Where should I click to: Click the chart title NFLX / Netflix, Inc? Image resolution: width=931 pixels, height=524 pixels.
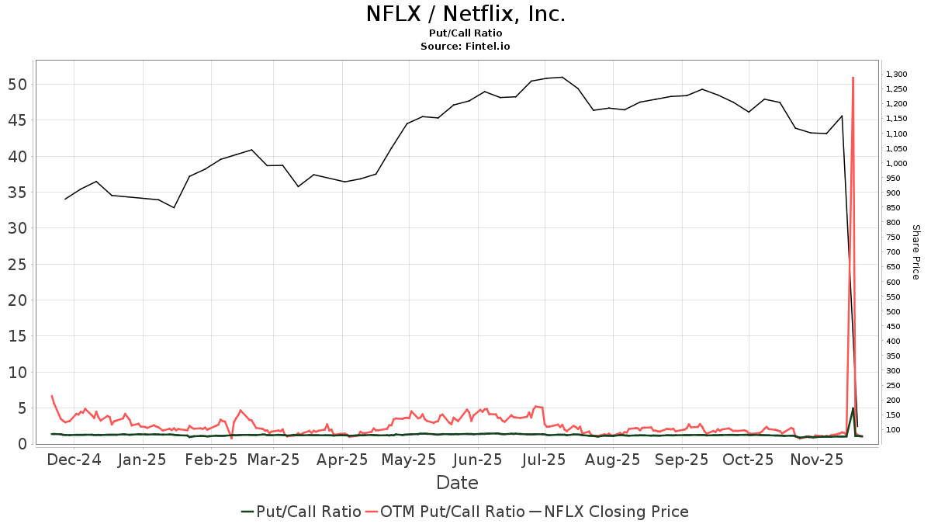click(x=465, y=14)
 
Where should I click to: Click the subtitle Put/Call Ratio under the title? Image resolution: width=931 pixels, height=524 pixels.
click(x=465, y=33)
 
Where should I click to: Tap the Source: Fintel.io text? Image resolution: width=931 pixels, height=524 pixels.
click(x=465, y=47)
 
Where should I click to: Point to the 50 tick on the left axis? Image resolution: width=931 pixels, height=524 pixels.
click(x=19, y=85)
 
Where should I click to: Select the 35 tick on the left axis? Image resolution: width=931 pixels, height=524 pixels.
click(x=19, y=193)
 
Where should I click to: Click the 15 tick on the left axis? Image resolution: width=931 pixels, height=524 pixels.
click(x=19, y=336)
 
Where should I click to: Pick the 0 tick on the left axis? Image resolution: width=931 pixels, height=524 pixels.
click(x=23, y=444)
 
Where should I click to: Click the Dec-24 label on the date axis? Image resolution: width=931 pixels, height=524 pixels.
click(x=74, y=460)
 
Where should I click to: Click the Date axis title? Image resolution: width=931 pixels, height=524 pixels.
click(x=457, y=483)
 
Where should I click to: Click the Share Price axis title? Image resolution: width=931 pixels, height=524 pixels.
click(x=915, y=252)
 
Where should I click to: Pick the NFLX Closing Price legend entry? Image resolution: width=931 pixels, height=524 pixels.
click(x=615, y=512)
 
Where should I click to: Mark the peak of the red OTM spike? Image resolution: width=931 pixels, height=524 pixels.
click(x=853, y=78)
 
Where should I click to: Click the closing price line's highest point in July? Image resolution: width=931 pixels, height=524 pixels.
click(x=562, y=77)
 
